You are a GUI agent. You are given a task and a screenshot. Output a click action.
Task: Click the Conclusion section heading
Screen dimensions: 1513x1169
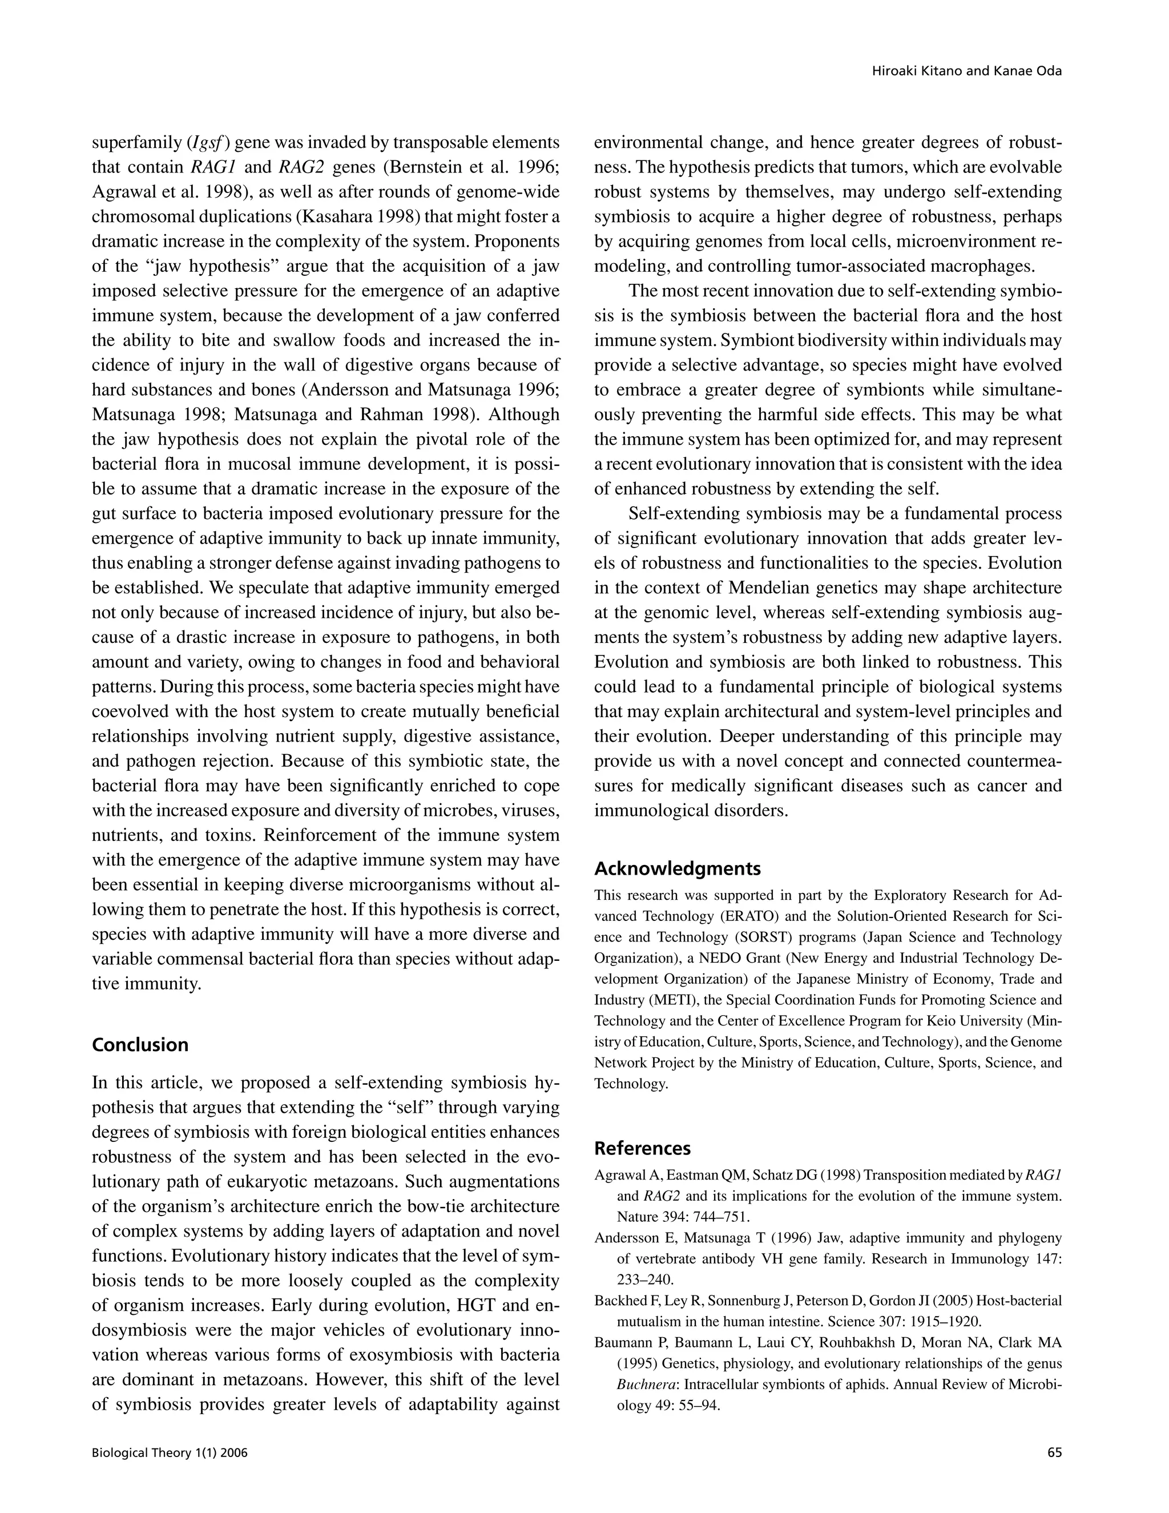tap(140, 1045)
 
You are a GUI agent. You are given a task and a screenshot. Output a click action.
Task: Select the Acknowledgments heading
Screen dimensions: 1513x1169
tap(678, 869)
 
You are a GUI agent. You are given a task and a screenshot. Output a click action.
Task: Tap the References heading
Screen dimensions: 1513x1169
tap(642, 1149)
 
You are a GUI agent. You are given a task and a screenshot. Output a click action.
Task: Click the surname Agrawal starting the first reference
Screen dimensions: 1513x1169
tap(614, 1176)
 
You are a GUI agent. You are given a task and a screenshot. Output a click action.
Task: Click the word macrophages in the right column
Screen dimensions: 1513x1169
tap(982, 267)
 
